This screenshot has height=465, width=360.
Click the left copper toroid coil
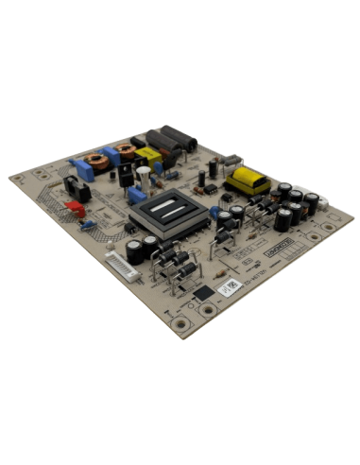[94, 162]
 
